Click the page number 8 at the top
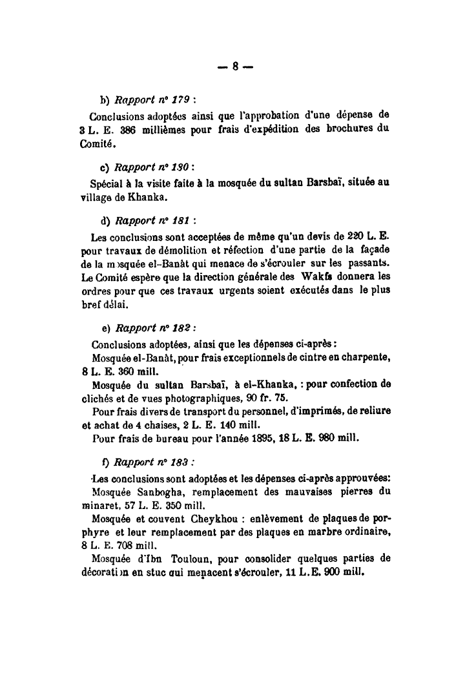pos(236,65)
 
